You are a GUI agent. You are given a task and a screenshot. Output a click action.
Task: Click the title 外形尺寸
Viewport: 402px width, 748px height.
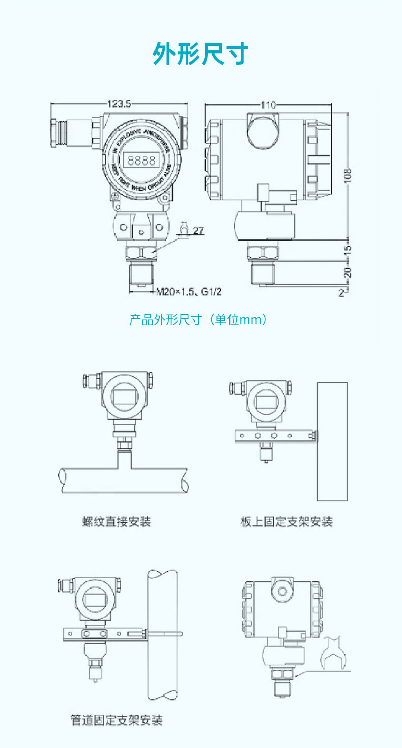(200, 54)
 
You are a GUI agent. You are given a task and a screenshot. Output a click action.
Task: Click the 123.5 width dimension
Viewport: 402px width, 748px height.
(120, 104)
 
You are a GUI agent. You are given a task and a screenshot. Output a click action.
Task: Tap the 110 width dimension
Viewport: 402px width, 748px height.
(268, 105)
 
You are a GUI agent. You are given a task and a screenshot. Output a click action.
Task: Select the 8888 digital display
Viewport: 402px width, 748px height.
(141, 161)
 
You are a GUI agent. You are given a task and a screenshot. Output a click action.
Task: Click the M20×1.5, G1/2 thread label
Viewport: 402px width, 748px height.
(189, 292)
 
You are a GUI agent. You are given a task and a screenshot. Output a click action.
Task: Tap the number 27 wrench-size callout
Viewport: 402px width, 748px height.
(198, 231)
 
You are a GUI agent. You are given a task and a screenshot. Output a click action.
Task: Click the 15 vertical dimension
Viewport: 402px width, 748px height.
(348, 251)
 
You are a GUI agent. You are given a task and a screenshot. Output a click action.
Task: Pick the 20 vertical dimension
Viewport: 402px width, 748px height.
(348, 273)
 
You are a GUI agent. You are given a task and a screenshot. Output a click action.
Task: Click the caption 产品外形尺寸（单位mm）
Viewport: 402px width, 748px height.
(198, 320)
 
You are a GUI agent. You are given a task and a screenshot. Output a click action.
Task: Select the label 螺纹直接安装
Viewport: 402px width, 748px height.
(117, 522)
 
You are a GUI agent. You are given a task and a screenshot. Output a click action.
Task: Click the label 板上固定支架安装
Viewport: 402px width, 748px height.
(286, 522)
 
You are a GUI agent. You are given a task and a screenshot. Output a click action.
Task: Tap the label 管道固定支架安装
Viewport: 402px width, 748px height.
(117, 720)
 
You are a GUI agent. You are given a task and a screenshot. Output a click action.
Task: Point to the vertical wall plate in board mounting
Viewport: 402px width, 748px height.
(331, 441)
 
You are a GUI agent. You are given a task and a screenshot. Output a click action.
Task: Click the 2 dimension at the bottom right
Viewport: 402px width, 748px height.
(341, 292)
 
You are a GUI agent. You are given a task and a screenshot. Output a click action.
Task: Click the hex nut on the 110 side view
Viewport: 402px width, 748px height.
(263, 253)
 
